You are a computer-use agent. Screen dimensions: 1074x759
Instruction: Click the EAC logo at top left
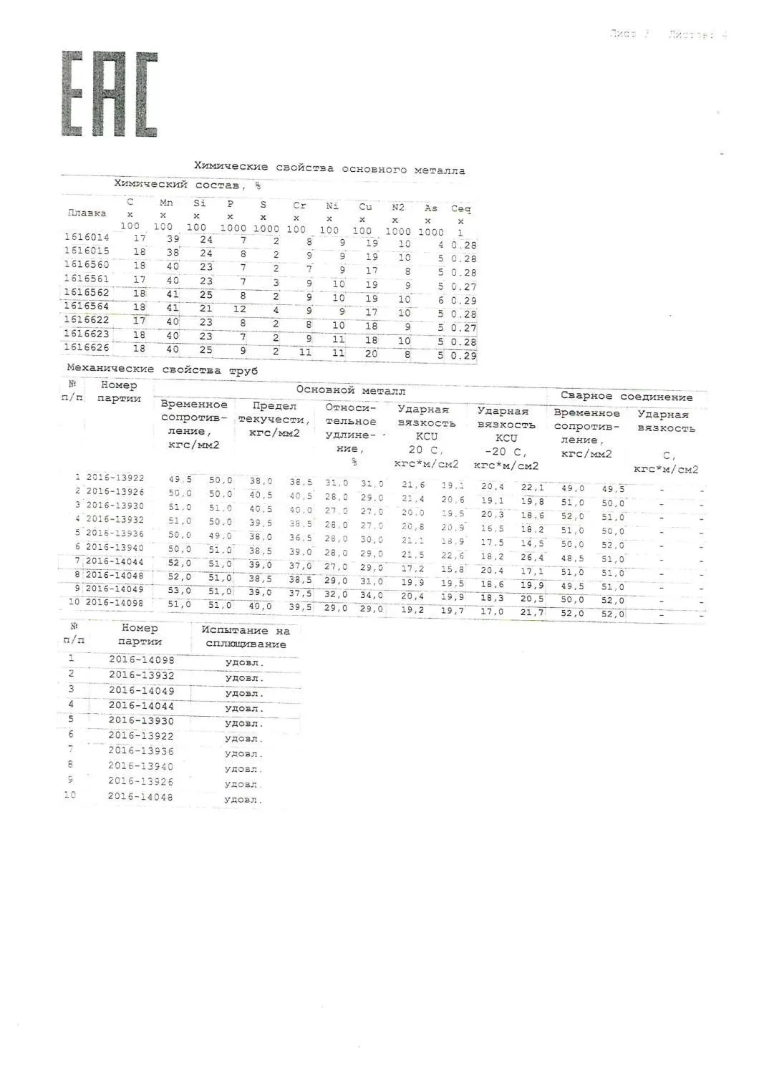click(109, 94)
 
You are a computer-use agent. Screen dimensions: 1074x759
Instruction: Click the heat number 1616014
click(87, 237)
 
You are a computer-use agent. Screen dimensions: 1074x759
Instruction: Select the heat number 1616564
click(87, 306)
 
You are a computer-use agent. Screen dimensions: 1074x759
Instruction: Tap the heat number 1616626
click(87, 348)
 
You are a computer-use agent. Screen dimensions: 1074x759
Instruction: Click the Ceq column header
click(461, 209)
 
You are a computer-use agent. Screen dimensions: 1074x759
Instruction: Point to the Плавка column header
click(87, 213)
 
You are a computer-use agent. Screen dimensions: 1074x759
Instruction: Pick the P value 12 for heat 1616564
click(239, 309)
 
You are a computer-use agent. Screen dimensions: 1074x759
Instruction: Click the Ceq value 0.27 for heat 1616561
click(464, 286)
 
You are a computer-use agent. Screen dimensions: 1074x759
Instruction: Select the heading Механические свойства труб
click(163, 369)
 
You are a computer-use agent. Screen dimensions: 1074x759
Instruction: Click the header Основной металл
click(351, 390)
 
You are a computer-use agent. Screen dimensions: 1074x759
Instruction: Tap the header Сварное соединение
click(627, 396)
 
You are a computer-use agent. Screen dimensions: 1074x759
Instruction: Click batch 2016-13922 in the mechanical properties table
click(115, 478)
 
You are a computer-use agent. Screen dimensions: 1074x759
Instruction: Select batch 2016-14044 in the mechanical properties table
click(115, 561)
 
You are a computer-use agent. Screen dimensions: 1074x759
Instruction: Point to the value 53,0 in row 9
click(180, 590)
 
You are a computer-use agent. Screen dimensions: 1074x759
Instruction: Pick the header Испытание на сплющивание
click(246, 637)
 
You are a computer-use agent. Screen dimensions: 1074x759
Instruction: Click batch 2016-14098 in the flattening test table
click(141, 659)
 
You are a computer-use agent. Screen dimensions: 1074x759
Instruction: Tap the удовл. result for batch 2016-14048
click(243, 799)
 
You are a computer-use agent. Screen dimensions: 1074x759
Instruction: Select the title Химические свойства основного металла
click(329, 168)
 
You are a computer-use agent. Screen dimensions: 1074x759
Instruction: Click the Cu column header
click(365, 207)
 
